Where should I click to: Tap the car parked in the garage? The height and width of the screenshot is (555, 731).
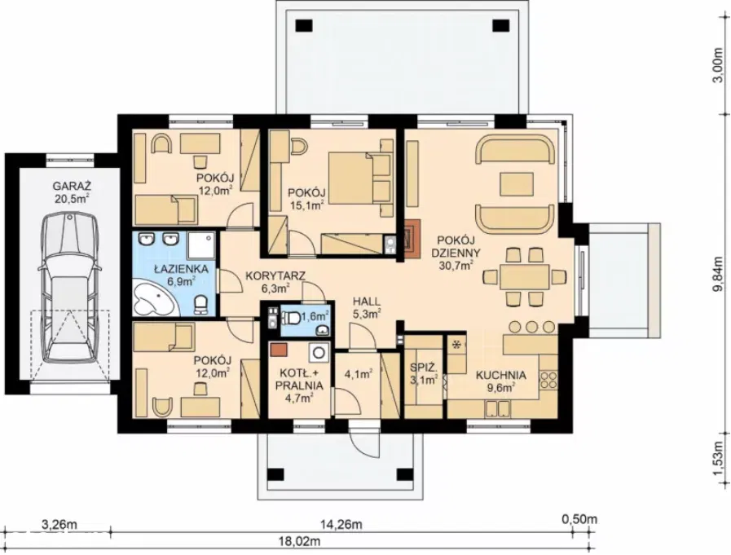(x=70, y=288)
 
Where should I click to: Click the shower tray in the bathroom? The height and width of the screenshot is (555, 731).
(x=201, y=245)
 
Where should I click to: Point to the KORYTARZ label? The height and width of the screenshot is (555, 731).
(x=275, y=276)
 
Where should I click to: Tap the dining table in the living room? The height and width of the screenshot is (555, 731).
(x=525, y=276)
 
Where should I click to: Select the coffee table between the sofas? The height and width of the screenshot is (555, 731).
(x=517, y=183)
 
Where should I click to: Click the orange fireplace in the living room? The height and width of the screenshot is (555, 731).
(x=413, y=238)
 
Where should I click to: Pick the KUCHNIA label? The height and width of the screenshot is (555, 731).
(x=500, y=375)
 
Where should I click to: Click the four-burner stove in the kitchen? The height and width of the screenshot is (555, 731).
(x=548, y=380)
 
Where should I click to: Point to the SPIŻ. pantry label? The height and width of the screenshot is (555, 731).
(x=423, y=367)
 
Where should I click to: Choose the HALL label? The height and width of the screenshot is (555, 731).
(x=366, y=302)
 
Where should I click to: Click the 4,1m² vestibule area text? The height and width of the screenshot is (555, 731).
(x=358, y=373)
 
